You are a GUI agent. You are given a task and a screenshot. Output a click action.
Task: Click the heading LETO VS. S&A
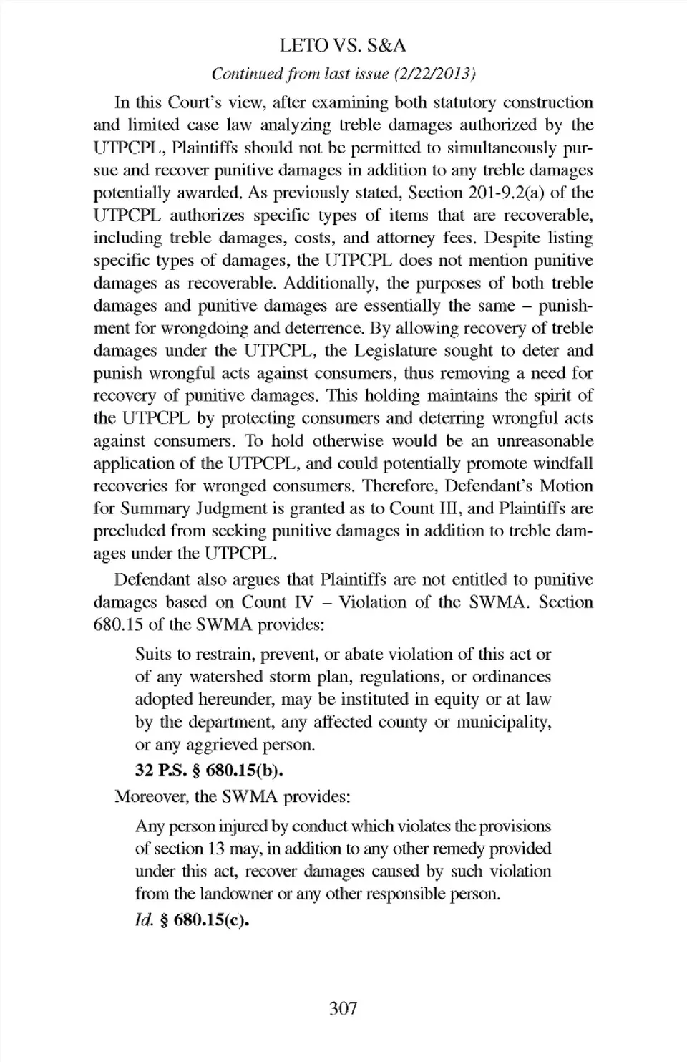coord(343,46)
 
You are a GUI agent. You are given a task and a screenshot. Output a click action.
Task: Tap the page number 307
coord(343,1008)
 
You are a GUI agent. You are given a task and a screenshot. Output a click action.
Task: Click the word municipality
coord(504,722)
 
